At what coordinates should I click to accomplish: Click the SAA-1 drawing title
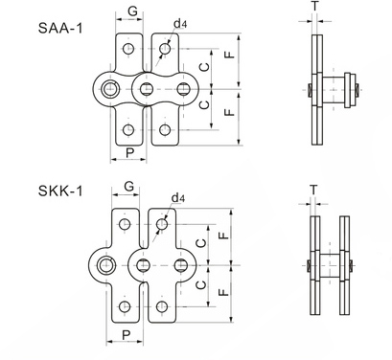point(60,28)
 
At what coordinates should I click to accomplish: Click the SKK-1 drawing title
point(60,191)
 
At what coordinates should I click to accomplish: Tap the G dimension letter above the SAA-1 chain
point(132,11)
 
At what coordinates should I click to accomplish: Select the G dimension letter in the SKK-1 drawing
point(128,186)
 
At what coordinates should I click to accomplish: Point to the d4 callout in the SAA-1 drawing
point(180,23)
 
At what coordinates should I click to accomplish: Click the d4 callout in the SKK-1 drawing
point(178,198)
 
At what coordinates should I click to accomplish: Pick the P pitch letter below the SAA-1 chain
point(129,153)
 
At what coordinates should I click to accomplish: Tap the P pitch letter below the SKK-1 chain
point(127,335)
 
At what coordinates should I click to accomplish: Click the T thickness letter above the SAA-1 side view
point(315,6)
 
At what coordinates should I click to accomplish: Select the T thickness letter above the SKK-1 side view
point(313,190)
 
